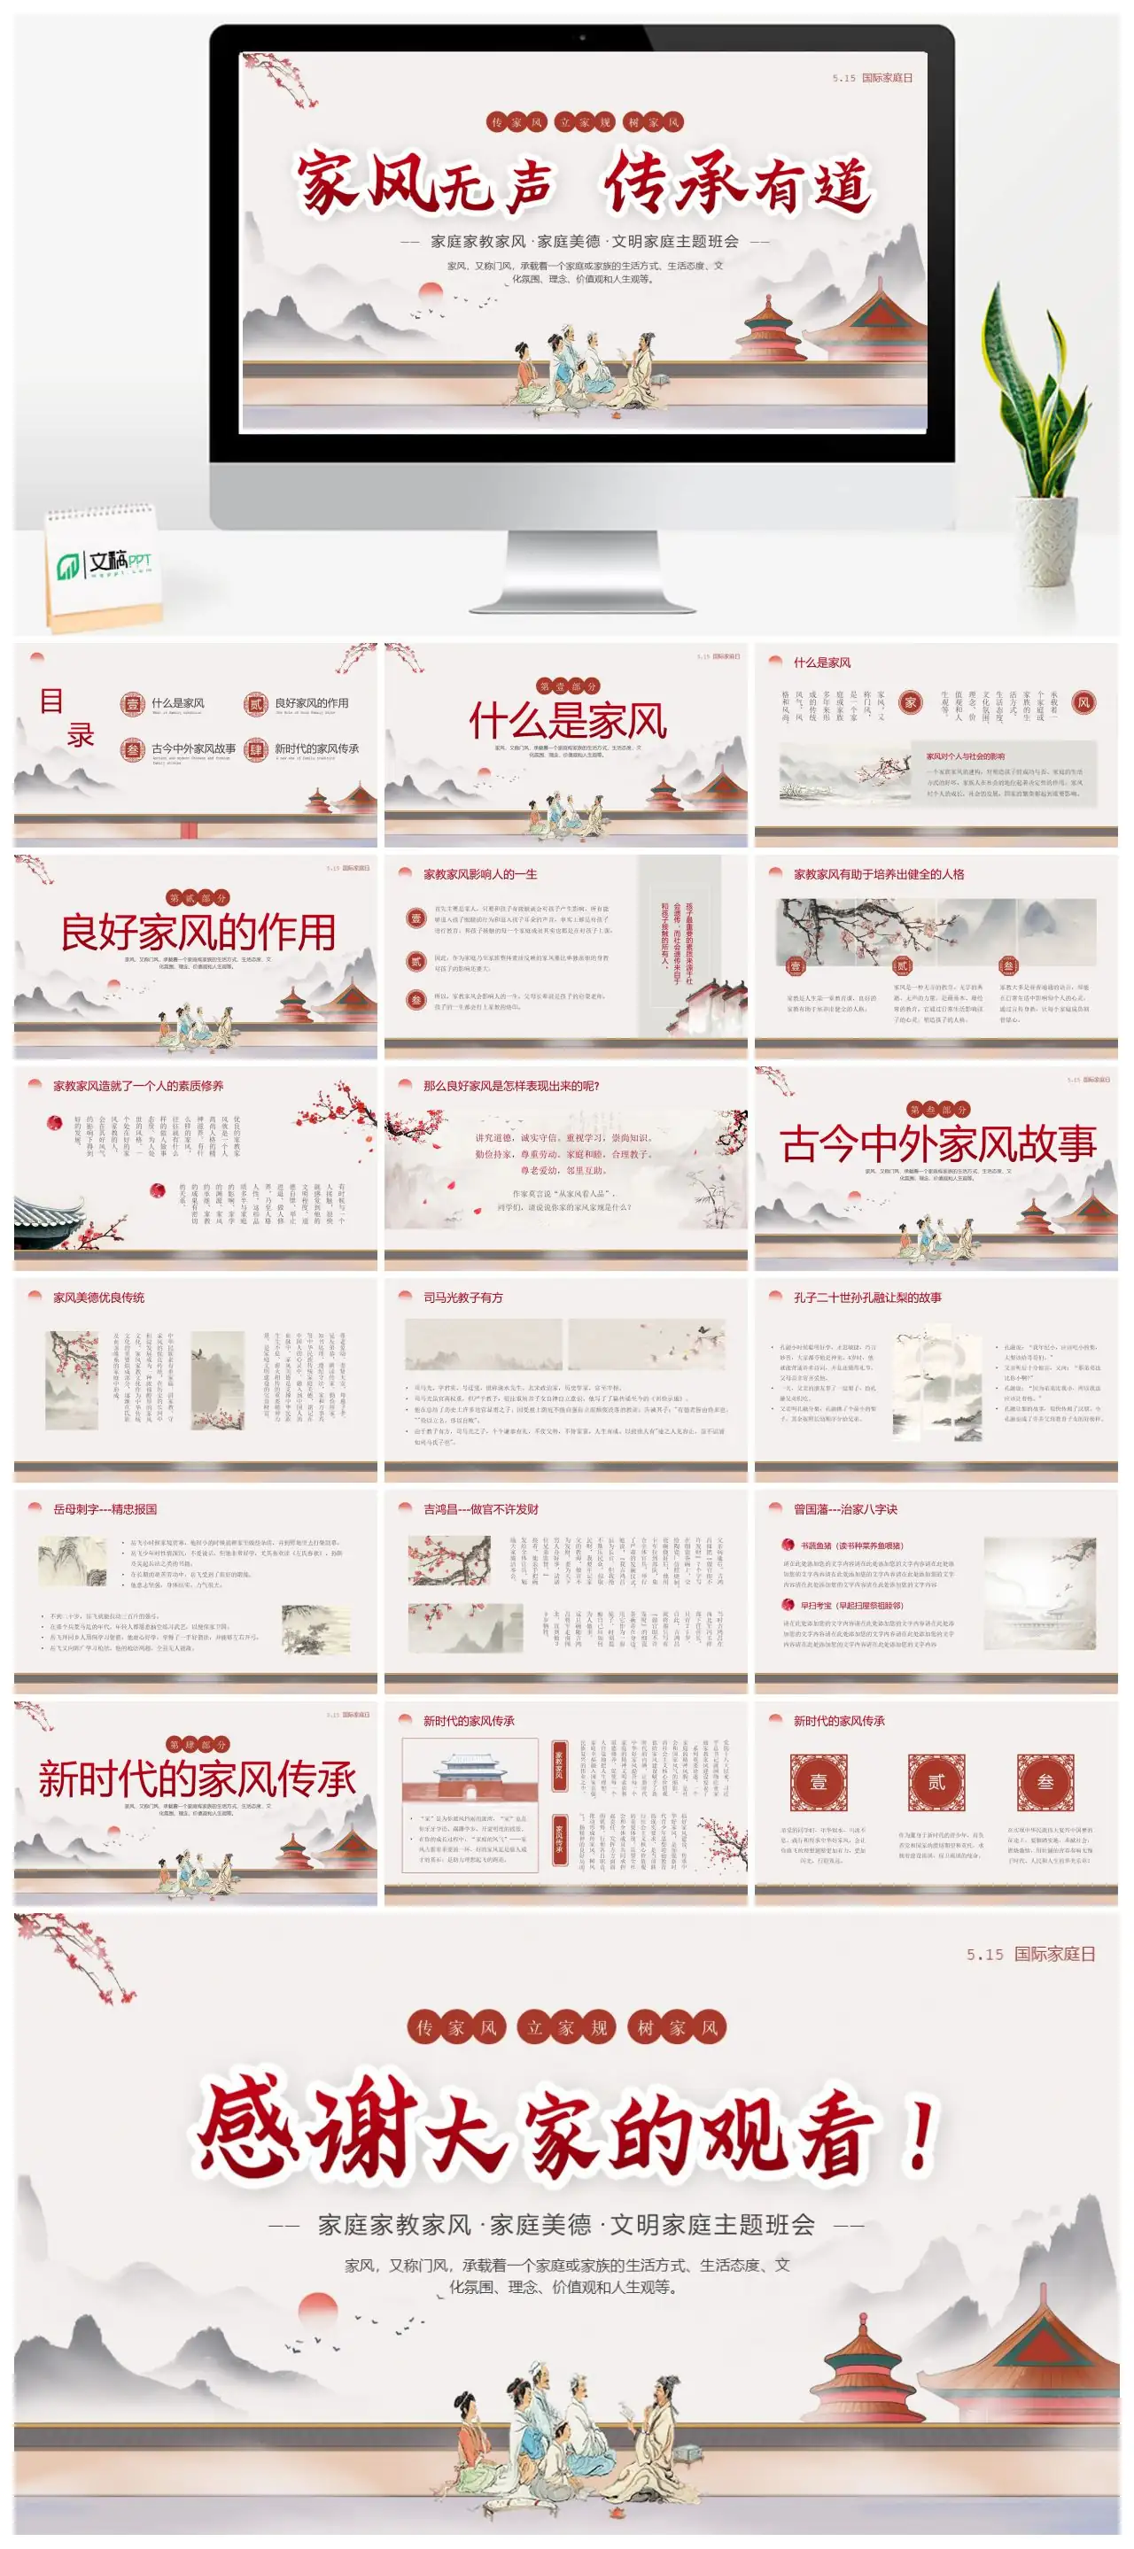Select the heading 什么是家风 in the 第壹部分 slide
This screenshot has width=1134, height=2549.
click(567, 720)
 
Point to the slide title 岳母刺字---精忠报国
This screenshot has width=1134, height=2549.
click(105, 1509)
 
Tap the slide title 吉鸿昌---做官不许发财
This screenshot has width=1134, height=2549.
click(482, 1509)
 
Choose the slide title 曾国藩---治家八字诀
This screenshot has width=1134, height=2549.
click(845, 1509)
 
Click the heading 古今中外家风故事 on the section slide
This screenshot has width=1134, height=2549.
click(937, 1144)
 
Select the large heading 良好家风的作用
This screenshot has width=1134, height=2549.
click(197, 932)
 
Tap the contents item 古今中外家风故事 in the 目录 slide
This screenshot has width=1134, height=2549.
click(193, 748)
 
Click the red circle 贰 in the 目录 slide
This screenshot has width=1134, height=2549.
click(255, 703)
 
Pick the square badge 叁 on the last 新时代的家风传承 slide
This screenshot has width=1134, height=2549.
click(1045, 1782)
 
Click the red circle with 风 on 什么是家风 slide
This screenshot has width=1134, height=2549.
click(1084, 702)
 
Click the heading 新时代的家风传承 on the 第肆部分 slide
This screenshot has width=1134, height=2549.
click(197, 1779)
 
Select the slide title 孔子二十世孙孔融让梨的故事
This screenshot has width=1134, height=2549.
click(866, 1298)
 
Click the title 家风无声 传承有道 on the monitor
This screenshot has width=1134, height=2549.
click(584, 184)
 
